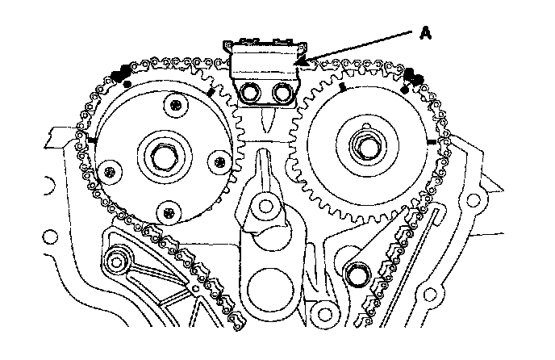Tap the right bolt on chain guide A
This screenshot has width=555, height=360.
pos(283,94)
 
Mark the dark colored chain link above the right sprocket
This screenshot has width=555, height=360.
pos(411,77)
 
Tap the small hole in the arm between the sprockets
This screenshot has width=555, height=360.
pos(264,204)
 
